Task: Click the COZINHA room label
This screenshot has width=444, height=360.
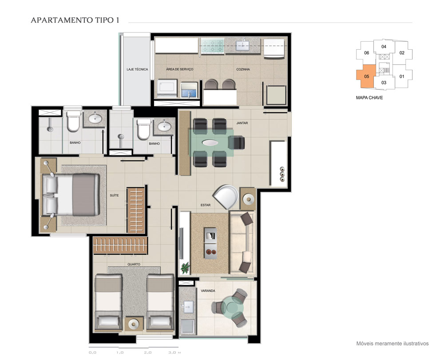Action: [x=243, y=69]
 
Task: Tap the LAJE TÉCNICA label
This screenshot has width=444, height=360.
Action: [x=137, y=69]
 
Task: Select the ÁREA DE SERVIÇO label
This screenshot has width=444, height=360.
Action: [x=179, y=69]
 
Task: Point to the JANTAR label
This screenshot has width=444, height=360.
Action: [x=242, y=123]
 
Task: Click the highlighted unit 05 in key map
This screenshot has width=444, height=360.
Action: [x=366, y=76]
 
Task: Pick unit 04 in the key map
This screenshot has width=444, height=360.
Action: [x=384, y=47]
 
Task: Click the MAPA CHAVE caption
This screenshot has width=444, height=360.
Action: [x=369, y=98]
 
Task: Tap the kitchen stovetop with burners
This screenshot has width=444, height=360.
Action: [x=212, y=46]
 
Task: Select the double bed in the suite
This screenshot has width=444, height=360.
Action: [x=71, y=194]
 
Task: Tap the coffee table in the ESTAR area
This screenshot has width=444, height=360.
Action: [x=210, y=243]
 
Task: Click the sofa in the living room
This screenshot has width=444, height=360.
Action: [x=242, y=242]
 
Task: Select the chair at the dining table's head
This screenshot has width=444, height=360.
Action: [x=237, y=142]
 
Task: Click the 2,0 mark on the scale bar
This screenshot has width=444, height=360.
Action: [x=147, y=352]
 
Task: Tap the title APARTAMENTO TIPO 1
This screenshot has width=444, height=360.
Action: [x=75, y=20]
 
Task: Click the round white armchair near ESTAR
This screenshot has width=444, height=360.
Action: [x=226, y=197]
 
